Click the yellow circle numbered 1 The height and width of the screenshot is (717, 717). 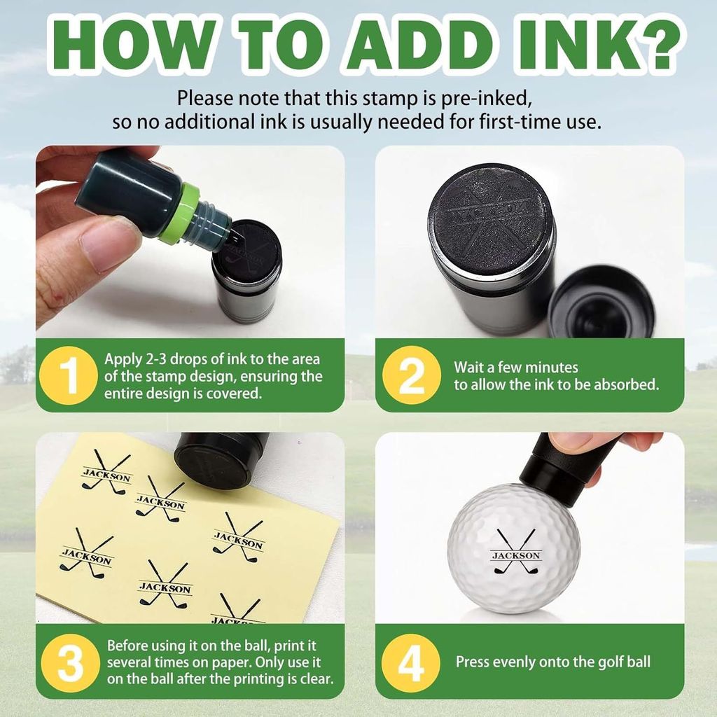(x=68, y=375)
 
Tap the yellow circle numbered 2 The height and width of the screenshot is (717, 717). (x=412, y=375)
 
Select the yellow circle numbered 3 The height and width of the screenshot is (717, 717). (x=71, y=663)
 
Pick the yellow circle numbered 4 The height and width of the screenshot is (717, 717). (x=410, y=663)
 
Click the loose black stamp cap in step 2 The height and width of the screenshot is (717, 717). (x=601, y=302)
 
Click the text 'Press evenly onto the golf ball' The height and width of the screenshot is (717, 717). (x=553, y=662)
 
